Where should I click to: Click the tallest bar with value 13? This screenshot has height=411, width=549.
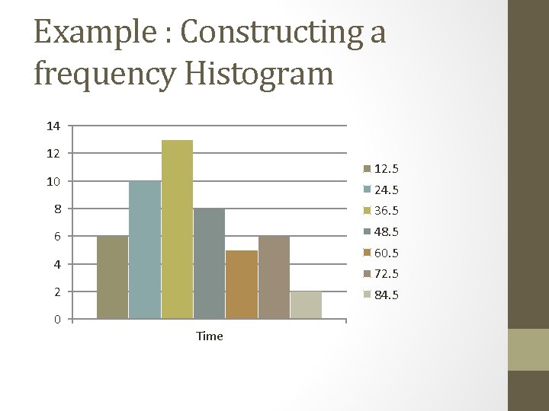177,228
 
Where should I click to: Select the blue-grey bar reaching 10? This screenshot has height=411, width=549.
145,249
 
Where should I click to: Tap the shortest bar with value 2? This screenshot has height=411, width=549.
306,304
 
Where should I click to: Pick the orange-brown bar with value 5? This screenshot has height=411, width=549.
242,284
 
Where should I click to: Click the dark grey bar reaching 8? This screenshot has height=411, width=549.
209,263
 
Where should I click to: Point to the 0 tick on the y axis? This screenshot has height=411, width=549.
57,319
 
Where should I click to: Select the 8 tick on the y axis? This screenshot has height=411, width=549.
57,209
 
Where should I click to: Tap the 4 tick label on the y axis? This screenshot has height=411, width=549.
57,264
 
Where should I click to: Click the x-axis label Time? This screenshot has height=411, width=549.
210,336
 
